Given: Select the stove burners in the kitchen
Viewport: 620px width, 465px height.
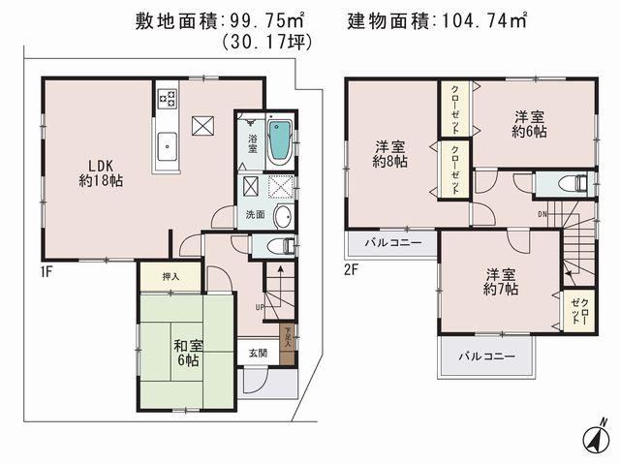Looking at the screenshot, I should [166, 97].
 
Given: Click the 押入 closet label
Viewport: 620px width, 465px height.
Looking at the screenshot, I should [170, 276].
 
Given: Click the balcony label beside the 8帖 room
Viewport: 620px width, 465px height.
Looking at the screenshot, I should [387, 242].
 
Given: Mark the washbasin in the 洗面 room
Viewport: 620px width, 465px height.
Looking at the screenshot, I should [283, 215].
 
